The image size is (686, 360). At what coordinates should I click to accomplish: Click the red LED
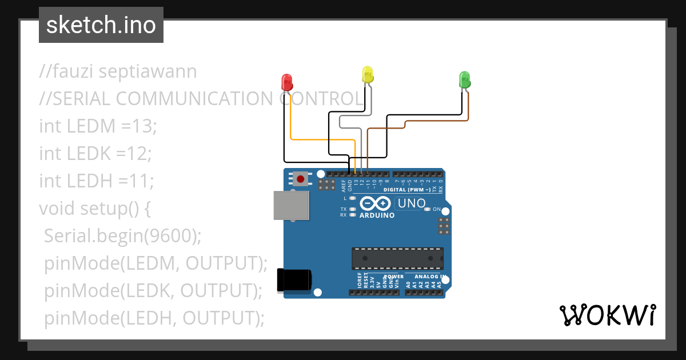pyautogui.click(x=288, y=82)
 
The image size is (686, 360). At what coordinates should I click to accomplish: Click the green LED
pyautogui.click(x=465, y=79)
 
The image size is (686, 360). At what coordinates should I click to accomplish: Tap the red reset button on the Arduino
pyautogui.click(x=301, y=179)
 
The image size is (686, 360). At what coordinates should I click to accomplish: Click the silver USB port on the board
pyautogui.click(x=291, y=205)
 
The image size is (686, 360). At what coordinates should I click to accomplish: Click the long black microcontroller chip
pyautogui.click(x=397, y=258)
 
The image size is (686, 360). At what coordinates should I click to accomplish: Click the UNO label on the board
pyautogui.click(x=412, y=203)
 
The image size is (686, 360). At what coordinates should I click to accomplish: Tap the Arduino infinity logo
pyautogui.click(x=376, y=203)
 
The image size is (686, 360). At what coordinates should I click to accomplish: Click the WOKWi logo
pyautogui.click(x=607, y=315)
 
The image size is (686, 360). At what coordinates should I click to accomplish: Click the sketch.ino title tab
pyautogui.click(x=101, y=25)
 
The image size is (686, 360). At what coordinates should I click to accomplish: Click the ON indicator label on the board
pyautogui.click(x=437, y=209)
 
